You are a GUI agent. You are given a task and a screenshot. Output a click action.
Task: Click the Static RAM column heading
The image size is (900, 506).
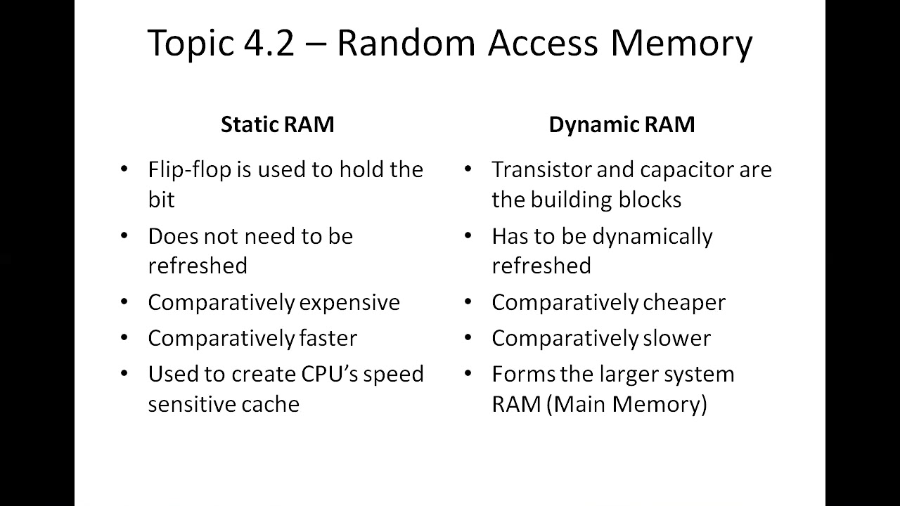[x=277, y=124]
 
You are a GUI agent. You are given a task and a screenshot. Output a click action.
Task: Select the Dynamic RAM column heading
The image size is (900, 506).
[x=622, y=124]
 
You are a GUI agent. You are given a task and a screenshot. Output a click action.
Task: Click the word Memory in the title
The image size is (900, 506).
[x=681, y=43]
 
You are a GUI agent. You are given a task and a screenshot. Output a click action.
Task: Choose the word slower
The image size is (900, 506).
[x=676, y=338]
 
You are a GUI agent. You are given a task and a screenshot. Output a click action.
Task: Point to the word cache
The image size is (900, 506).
[x=271, y=404]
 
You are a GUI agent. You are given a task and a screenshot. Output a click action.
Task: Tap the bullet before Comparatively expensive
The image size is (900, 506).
[x=124, y=302]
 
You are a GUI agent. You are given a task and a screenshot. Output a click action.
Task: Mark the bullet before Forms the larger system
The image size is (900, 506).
[x=468, y=374]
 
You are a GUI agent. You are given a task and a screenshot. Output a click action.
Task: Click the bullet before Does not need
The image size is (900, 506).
[x=124, y=236]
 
